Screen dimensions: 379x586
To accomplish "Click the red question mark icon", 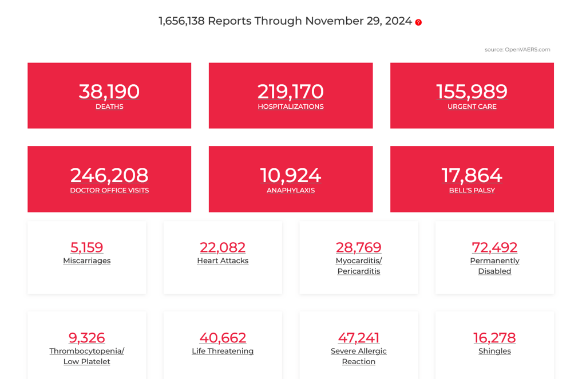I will click(x=418, y=22).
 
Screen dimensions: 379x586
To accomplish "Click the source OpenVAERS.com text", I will click(x=517, y=50).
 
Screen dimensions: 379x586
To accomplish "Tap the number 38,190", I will click(x=109, y=92).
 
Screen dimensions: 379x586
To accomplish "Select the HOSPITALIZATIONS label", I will click(x=291, y=106).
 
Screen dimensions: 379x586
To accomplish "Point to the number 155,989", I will click(x=472, y=92).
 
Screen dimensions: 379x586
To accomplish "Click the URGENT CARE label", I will click(x=472, y=106).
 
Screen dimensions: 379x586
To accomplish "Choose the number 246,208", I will click(x=109, y=175).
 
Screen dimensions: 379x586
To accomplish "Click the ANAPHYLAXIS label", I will click(x=291, y=190).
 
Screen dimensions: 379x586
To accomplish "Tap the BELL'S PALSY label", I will click(x=472, y=190).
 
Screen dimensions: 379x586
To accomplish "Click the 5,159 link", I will click(x=87, y=247).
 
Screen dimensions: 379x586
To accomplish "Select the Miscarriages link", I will click(x=87, y=261).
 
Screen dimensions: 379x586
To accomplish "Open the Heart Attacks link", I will click(x=223, y=261).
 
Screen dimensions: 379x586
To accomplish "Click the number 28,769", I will click(x=359, y=247).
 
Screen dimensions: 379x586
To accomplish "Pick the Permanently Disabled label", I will click(x=494, y=266).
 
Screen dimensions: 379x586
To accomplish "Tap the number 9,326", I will click(x=87, y=338).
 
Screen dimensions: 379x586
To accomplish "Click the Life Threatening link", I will click(x=223, y=351).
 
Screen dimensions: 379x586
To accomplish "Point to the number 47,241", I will click(x=359, y=338).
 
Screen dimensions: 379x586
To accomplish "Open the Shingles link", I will click(x=494, y=351).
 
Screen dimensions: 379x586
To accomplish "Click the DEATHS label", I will click(x=109, y=106).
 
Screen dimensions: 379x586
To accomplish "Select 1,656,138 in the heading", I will click(x=181, y=21).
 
